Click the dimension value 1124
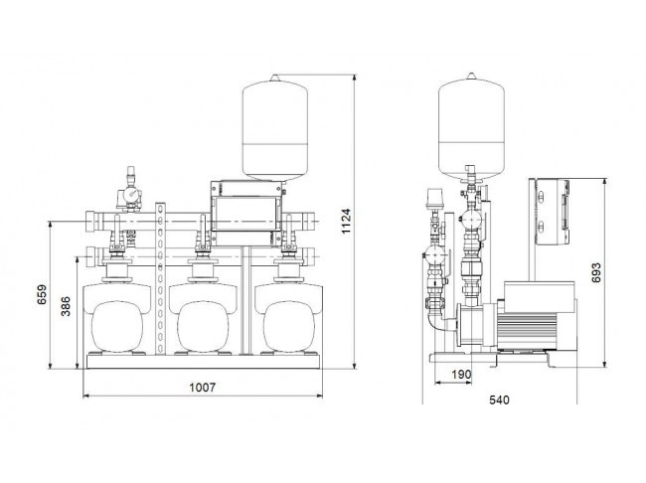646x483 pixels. pyautogui.click(x=346, y=221)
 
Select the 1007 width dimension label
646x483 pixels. pyautogui.click(x=203, y=388)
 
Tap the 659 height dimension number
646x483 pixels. pyautogui.click(x=42, y=294)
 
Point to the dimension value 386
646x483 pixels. pyautogui.click(x=66, y=306)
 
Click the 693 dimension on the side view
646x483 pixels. pyautogui.click(x=595, y=272)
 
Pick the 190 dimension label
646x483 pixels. pyautogui.click(x=461, y=375)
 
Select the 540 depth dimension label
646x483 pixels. pyautogui.click(x=499, y=400)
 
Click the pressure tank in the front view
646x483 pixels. pyautogui.click(x=274, y=128)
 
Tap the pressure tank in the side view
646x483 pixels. pyautogui.click(x=471, y=127)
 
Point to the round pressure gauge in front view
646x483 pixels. pyautogui.click(x=132, y=193)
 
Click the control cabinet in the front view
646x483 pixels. pyautogui.click(x=246, y=214)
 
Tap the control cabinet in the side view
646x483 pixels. pyautogui.click(x=552, y=212)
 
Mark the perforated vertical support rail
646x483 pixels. pyautogui.click(x=160, y=278)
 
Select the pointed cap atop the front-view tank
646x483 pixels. pyautogui.click(x=274, y=78)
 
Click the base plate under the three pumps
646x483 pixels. pyautogui.click(x=203, y=361)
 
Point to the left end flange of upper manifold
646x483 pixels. pyautogui.click(x=91, y=222)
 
